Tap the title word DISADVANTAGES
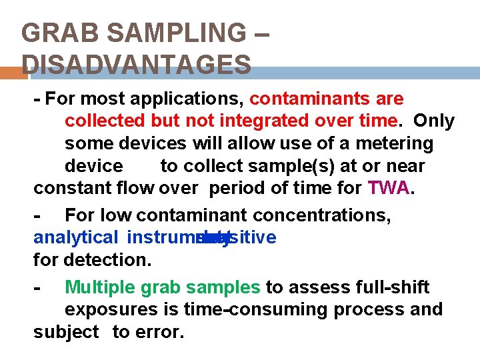tap(137, 65)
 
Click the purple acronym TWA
tap(389, 188)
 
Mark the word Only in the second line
tap(434, 121)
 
